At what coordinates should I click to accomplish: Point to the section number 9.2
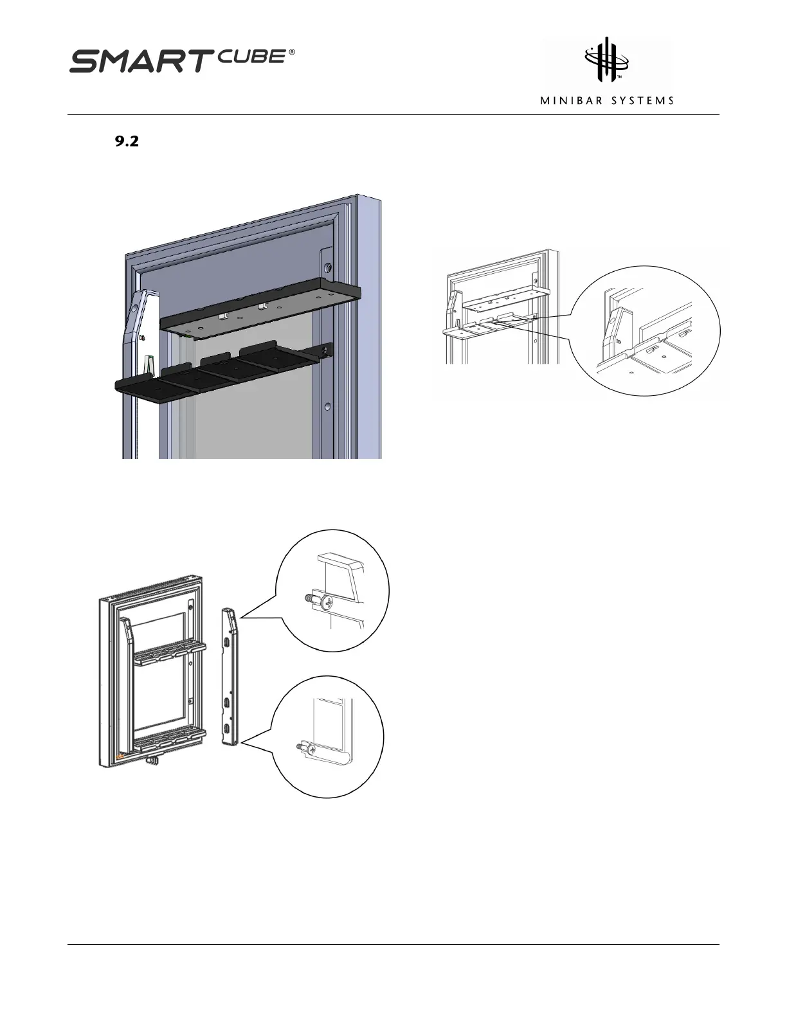(127, 143)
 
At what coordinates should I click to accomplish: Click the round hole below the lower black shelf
(328, 406)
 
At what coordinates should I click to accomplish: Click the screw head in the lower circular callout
(312, 749)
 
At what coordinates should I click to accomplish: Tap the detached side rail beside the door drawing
(230, 678)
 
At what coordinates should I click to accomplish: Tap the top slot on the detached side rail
(228, 642)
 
